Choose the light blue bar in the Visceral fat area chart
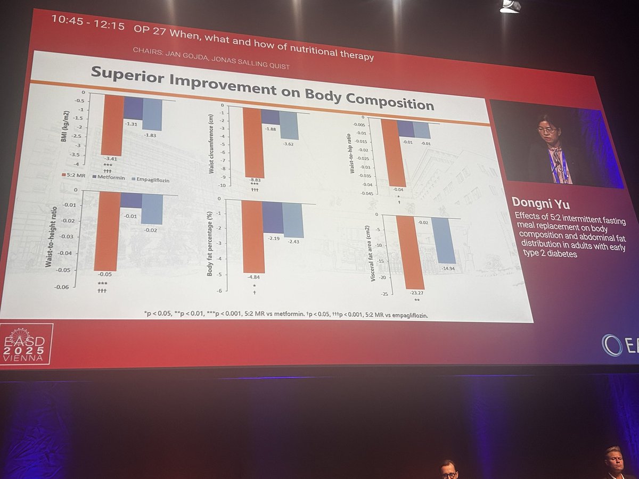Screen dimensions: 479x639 pos(443,240)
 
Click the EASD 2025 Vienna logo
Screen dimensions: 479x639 pos(26,344)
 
